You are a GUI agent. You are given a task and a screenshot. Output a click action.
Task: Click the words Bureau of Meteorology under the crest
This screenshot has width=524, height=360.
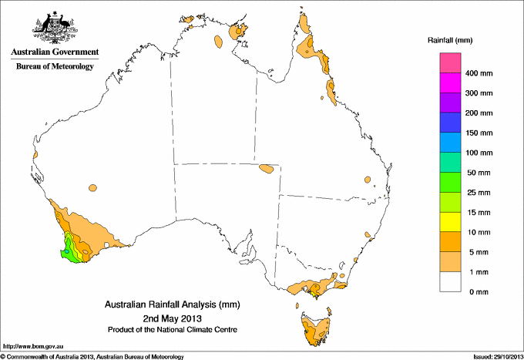(x=55, y=66)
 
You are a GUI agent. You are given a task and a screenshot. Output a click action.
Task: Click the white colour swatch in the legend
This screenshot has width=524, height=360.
(x=451, y=282)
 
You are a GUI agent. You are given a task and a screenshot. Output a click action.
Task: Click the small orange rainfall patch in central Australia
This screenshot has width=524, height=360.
(x=267, y=168)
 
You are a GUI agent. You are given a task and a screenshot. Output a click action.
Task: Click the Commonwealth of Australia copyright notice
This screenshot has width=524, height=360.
(x=92, y=356)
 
